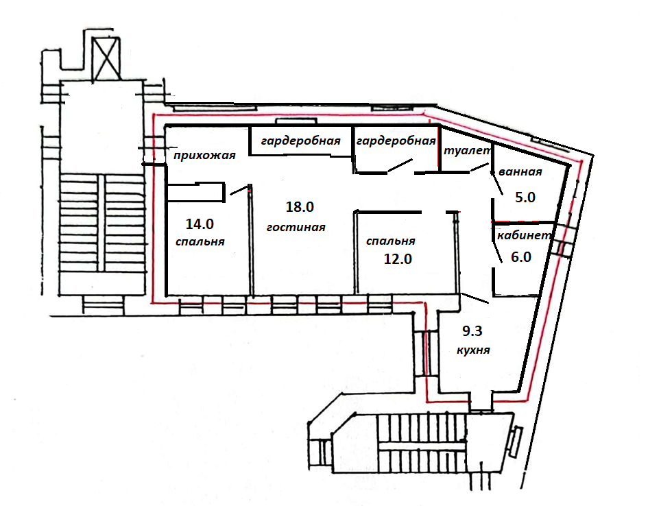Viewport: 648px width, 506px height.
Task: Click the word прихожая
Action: click(204, 155)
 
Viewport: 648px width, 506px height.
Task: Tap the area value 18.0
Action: click(299, 206)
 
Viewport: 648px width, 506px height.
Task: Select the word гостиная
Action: click(296, 227)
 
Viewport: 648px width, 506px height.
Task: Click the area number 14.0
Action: click(200, 223)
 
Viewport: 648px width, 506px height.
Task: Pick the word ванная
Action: click(521, 172)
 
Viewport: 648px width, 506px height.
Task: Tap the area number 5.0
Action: click(525, 197)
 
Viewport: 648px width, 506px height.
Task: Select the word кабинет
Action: click(525, 235)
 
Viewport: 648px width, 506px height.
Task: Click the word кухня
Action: click(472, 349)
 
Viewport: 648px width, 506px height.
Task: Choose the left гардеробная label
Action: click(300, 142)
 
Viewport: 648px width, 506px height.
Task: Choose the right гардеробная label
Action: click(396, 142)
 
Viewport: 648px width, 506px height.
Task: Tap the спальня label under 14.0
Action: click(200, 242)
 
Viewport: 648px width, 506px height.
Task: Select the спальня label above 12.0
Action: click(391, 241)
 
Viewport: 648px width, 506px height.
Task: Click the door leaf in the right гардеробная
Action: click(398, 166)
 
